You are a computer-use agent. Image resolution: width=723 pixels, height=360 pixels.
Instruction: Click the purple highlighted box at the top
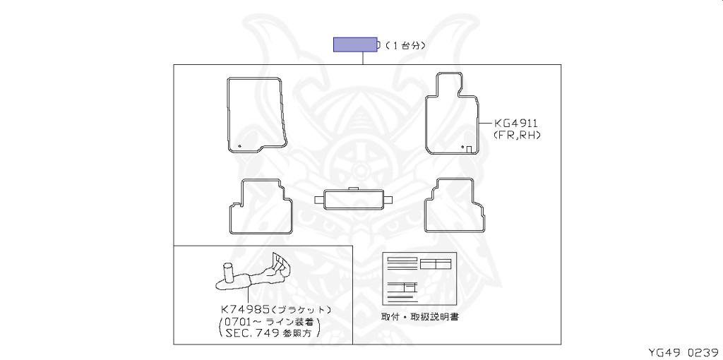coord(355,45)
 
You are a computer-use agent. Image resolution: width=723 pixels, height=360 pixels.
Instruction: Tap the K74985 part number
coord(244,309)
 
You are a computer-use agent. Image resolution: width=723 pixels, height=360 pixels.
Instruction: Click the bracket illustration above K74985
coord(254,276)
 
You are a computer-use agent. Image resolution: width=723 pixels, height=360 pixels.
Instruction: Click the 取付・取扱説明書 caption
coord(420,317)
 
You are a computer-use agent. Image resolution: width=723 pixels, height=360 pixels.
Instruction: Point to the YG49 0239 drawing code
coord(683,352)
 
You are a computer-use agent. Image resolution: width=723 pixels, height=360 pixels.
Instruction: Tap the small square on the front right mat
coord(469,148)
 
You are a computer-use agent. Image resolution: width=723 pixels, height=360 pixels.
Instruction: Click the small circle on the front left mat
coord(240,147)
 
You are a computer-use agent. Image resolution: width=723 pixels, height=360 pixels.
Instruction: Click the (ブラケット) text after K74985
coord(301,309)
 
